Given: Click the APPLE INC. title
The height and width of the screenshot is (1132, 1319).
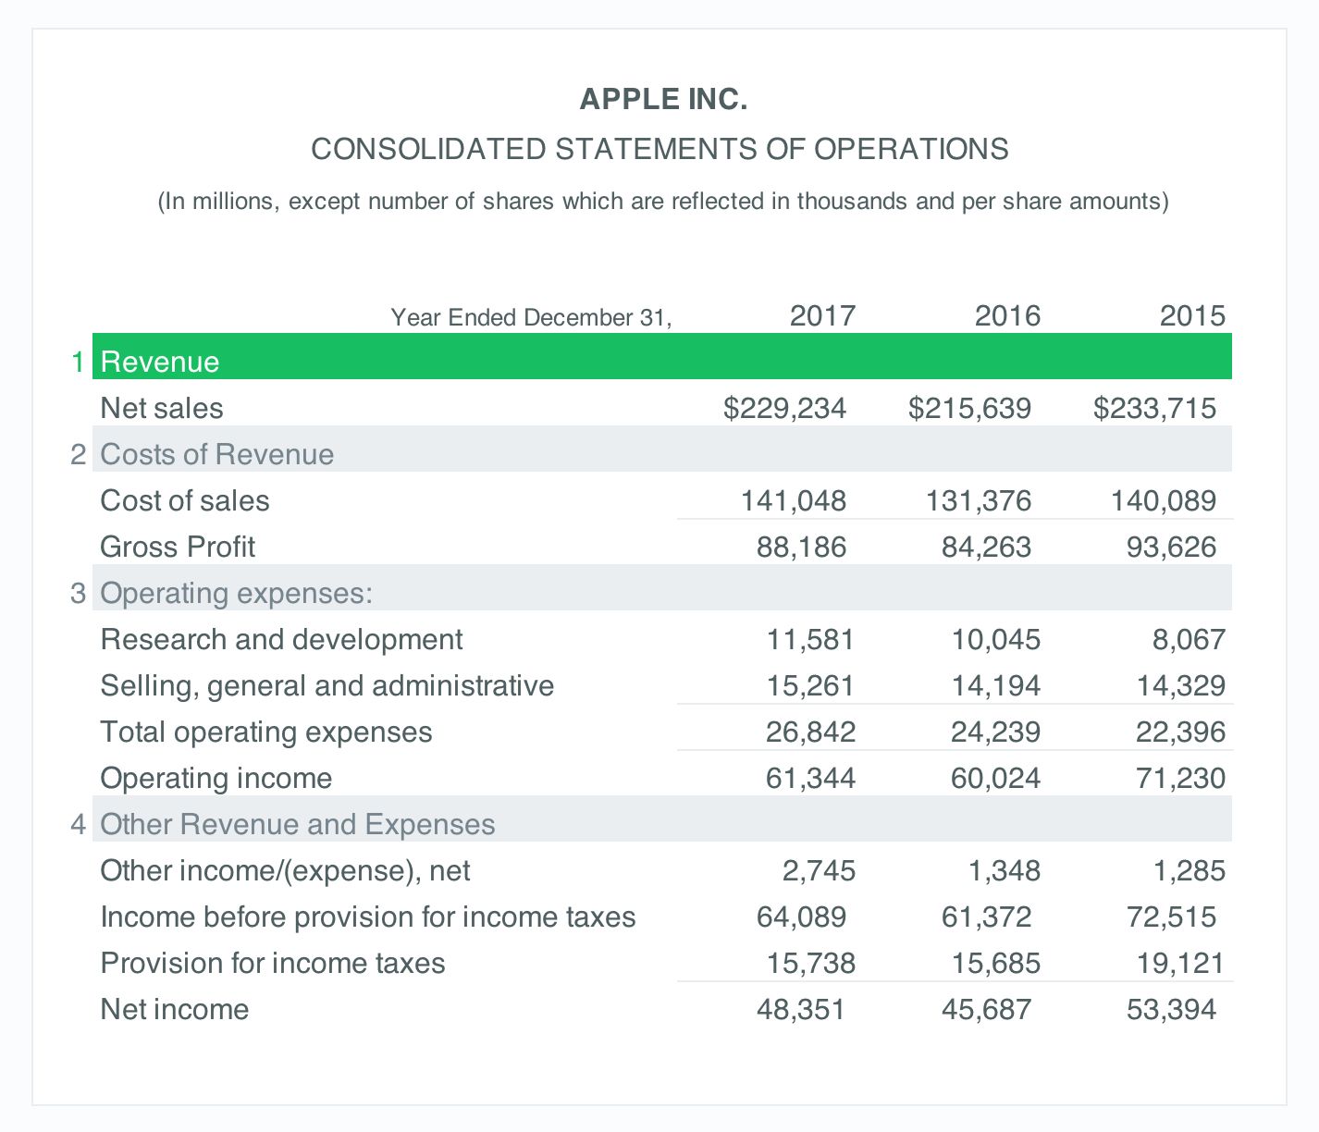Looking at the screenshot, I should click(x=663, y=99).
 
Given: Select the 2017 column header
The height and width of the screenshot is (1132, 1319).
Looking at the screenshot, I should click(x=822, y=316).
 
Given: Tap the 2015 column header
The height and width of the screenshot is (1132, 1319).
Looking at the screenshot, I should click(x=1192, y=316).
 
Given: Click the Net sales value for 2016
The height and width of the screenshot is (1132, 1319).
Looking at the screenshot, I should click(x=969, y=408).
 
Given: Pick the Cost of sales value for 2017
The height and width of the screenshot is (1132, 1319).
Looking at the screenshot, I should click(x=794, y=500).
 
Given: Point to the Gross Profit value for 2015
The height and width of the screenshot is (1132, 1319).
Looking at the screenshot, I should click(x=1171, y=547).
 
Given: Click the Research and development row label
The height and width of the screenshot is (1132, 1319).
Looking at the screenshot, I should click(x=281, y=639).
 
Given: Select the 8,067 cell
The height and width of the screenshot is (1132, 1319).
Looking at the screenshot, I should click(x=1189, y=639).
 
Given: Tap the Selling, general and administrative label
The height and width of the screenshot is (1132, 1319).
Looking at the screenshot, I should click(x=327, y=685).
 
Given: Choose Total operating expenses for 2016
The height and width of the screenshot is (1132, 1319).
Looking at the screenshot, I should click(x=995, y=732).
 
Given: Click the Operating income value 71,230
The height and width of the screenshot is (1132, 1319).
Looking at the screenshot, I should click(x=1180, y=778).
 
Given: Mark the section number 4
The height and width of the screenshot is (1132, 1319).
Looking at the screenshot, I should click(x=79, y=824).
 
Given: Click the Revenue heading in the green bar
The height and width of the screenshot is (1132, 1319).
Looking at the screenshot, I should click(x=160, y=362).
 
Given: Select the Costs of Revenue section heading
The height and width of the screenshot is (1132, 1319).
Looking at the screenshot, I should click(x=216, y=454).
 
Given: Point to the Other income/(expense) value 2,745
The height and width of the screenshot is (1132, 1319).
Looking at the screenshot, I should click(x=819, y=870).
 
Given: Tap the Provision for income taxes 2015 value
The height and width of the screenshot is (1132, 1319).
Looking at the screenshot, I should click(x=1180, y=963).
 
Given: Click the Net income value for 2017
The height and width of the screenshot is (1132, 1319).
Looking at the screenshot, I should click(x=801, y=1009).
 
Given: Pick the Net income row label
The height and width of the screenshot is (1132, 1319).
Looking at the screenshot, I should click(x=174, y=1009).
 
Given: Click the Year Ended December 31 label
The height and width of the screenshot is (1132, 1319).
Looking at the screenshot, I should click(x=531, y=318).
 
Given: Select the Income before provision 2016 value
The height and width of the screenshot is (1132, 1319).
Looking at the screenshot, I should click(x=986, y=917).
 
